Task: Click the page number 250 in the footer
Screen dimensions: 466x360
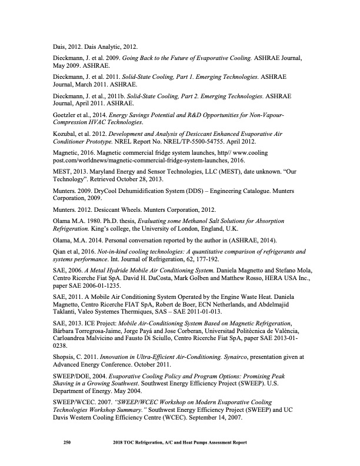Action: coord(67,443)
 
